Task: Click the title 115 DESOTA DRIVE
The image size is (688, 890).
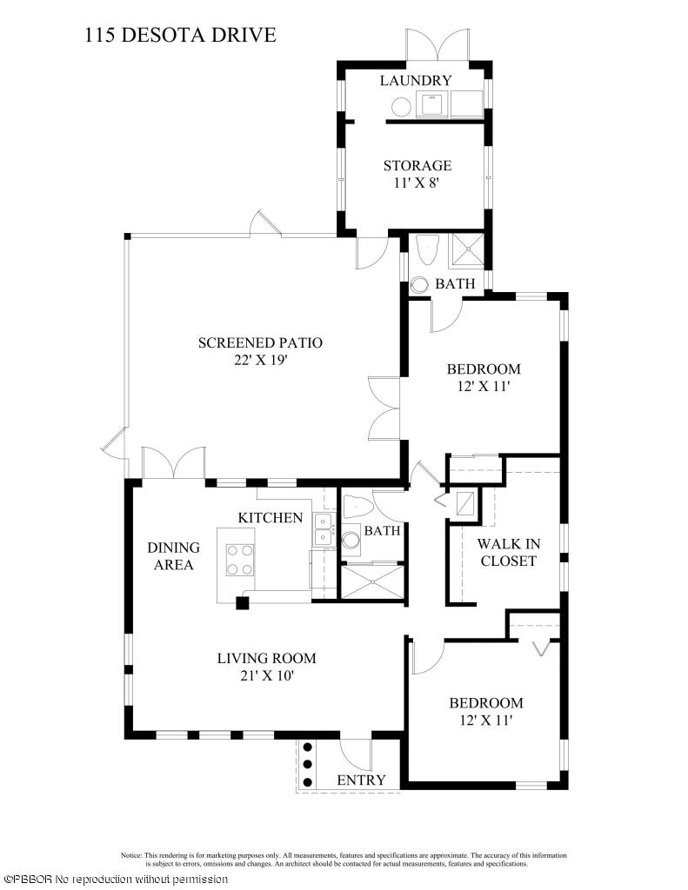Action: [x=181, y=35]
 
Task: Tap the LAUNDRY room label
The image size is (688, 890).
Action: [x=415, y=81]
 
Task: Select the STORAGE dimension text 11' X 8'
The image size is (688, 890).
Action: [x=417, y=183]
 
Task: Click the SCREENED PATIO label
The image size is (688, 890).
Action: [x=260, y=342]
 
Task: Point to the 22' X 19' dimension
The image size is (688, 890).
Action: [x=261, y=361]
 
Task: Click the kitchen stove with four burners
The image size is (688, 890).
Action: [x=239, y=560]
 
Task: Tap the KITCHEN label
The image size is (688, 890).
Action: [x=270, y=518]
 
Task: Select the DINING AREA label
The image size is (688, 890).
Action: [x=173, y=556]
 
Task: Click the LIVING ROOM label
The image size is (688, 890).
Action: [x=266, y=659]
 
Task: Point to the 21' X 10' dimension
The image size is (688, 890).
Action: [x=266, y=676]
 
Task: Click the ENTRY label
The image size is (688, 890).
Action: [x=361, y=780]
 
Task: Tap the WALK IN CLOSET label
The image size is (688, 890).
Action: [x=508, y=552]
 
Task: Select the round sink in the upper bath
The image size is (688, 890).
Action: [x=420, y=284]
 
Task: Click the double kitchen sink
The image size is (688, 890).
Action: [x=324, y=528]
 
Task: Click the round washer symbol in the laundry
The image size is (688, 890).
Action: [x=401, y=106]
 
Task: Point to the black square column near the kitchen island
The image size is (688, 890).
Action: [x=243, y=603]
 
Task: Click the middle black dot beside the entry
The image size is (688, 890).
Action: [x=307, y=765]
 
